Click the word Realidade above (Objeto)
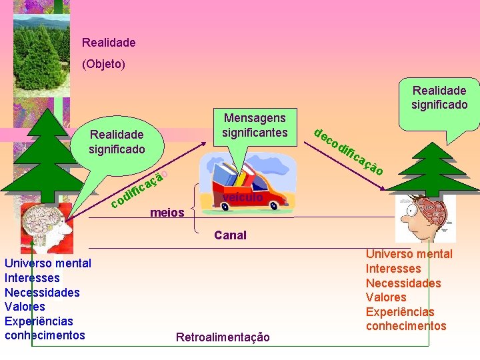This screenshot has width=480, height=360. click(109, 43)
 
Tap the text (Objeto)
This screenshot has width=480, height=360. click(103, 65)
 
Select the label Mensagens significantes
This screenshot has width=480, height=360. click(255, 125)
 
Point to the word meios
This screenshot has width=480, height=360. click(167, 213)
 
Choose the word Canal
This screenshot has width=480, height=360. click(230, 235)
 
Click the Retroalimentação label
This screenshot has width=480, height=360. click(223, 337)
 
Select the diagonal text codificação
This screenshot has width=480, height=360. click(139, 189)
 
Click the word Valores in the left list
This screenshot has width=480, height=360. click(25, 307)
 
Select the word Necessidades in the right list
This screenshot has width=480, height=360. click(403, 283)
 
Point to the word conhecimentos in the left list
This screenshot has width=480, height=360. click(45, 335)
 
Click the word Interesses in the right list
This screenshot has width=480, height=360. click(393, 268)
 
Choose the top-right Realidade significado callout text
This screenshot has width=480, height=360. click(439, 97)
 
